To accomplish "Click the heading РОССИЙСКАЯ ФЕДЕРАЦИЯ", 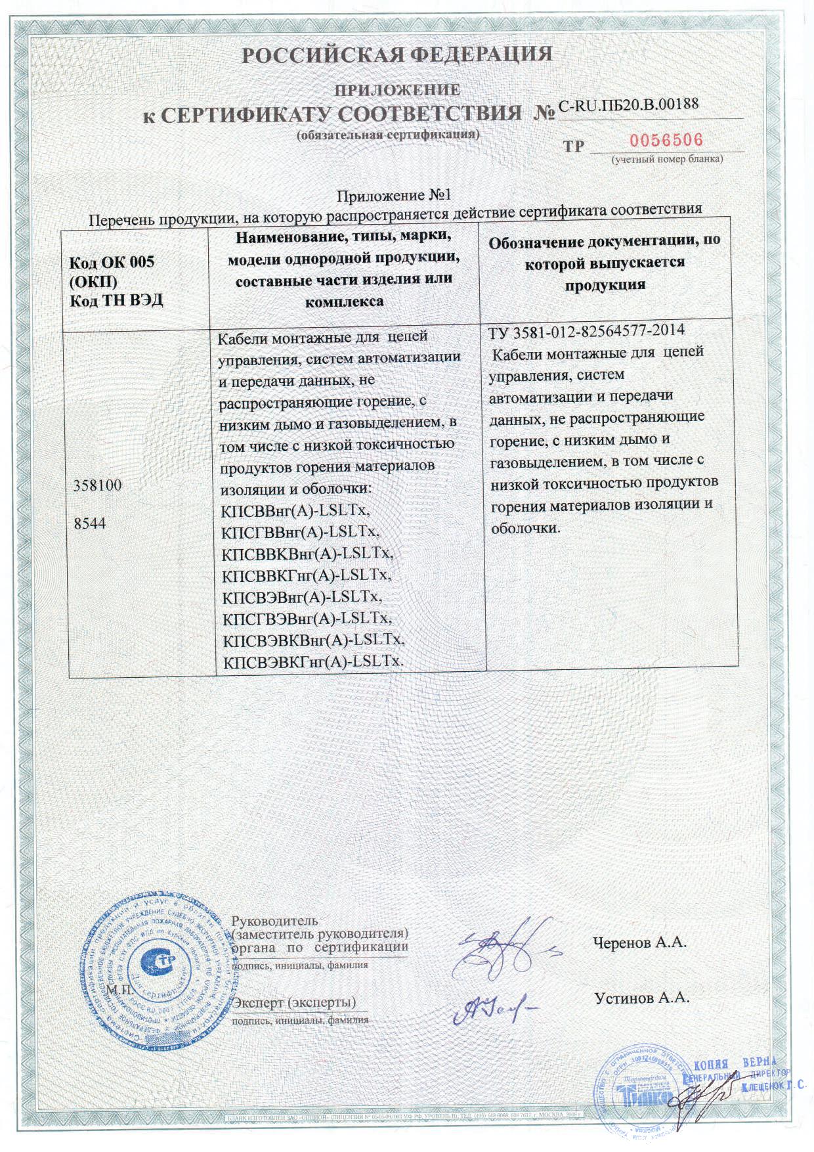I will [x=397, y=54].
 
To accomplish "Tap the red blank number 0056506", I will [x=666, y=140].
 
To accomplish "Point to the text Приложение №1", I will [x=395, y=196].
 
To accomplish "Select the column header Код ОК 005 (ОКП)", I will [x=112, y=271].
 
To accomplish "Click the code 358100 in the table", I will [x=96, y=487].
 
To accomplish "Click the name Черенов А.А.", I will [x=639, y=942].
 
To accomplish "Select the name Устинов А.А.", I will [x=641, y=998].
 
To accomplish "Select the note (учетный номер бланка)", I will [x=667, y=160].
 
